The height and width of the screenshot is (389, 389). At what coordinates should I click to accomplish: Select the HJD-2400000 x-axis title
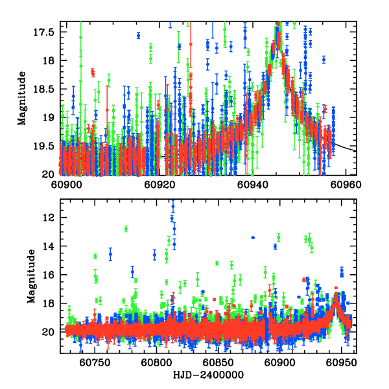[x=207, y=375]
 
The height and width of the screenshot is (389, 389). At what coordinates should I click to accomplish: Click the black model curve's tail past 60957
[x=347, y=147]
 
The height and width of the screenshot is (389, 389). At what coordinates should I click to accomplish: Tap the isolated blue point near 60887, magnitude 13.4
[x=253, y=237]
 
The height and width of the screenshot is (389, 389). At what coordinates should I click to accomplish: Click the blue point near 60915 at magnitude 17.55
[x=138, y=35]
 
